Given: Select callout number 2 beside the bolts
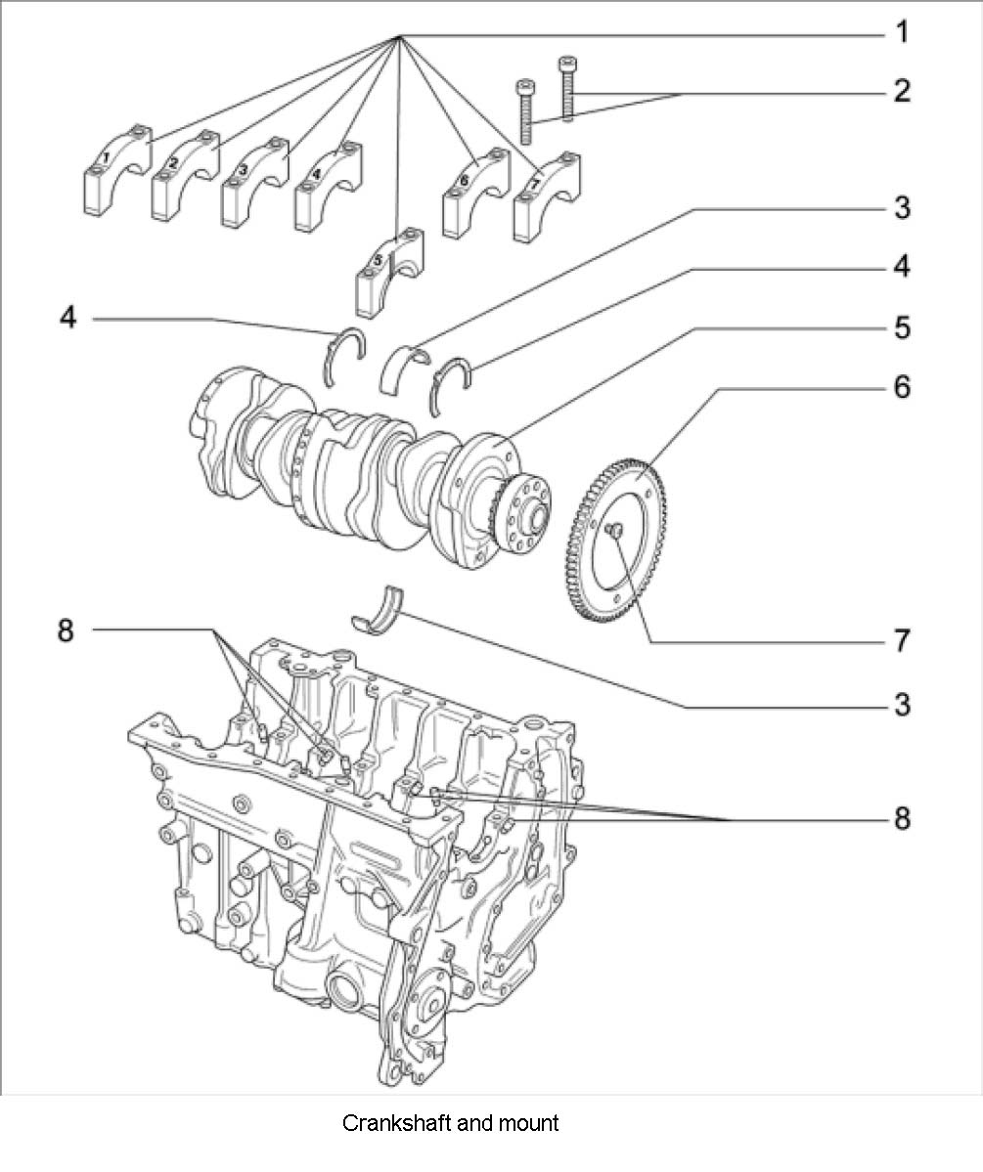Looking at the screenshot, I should (x=901, y=91).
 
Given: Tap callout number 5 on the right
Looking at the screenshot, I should (x=901, y=327).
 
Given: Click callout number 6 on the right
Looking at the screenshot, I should (x=901, y=387).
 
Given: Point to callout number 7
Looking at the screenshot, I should (x=901, y=641).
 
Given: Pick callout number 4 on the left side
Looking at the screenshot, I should (x=67, y=318).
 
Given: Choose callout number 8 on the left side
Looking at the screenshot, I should (x=65, y=630).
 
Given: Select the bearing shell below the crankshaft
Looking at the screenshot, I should (x=380, y=609).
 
